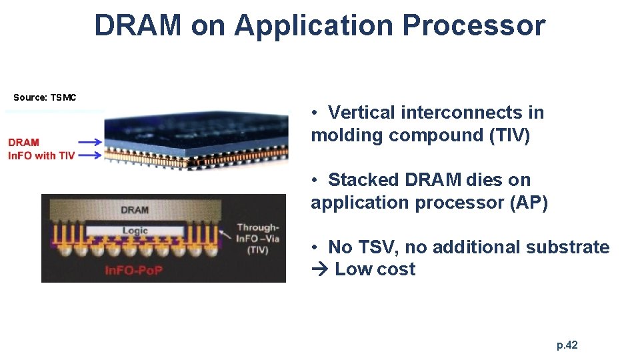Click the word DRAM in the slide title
[x=138, y=25]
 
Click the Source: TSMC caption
[x=45, y=97]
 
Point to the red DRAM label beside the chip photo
[x=24, y=142]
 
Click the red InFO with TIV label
[x=41, y=155]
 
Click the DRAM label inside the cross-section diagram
[x=135, y=210]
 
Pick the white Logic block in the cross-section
[x=135, y=231]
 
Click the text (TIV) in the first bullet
[x=509, y=135]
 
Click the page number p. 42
[x=567, y=345]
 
